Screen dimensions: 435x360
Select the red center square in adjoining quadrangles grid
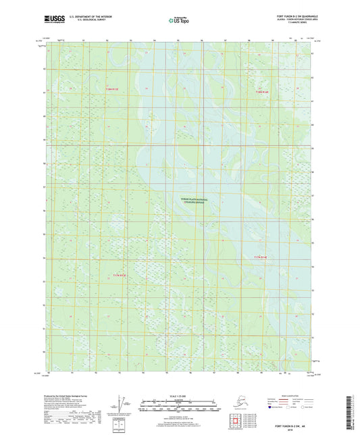point(236,424)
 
